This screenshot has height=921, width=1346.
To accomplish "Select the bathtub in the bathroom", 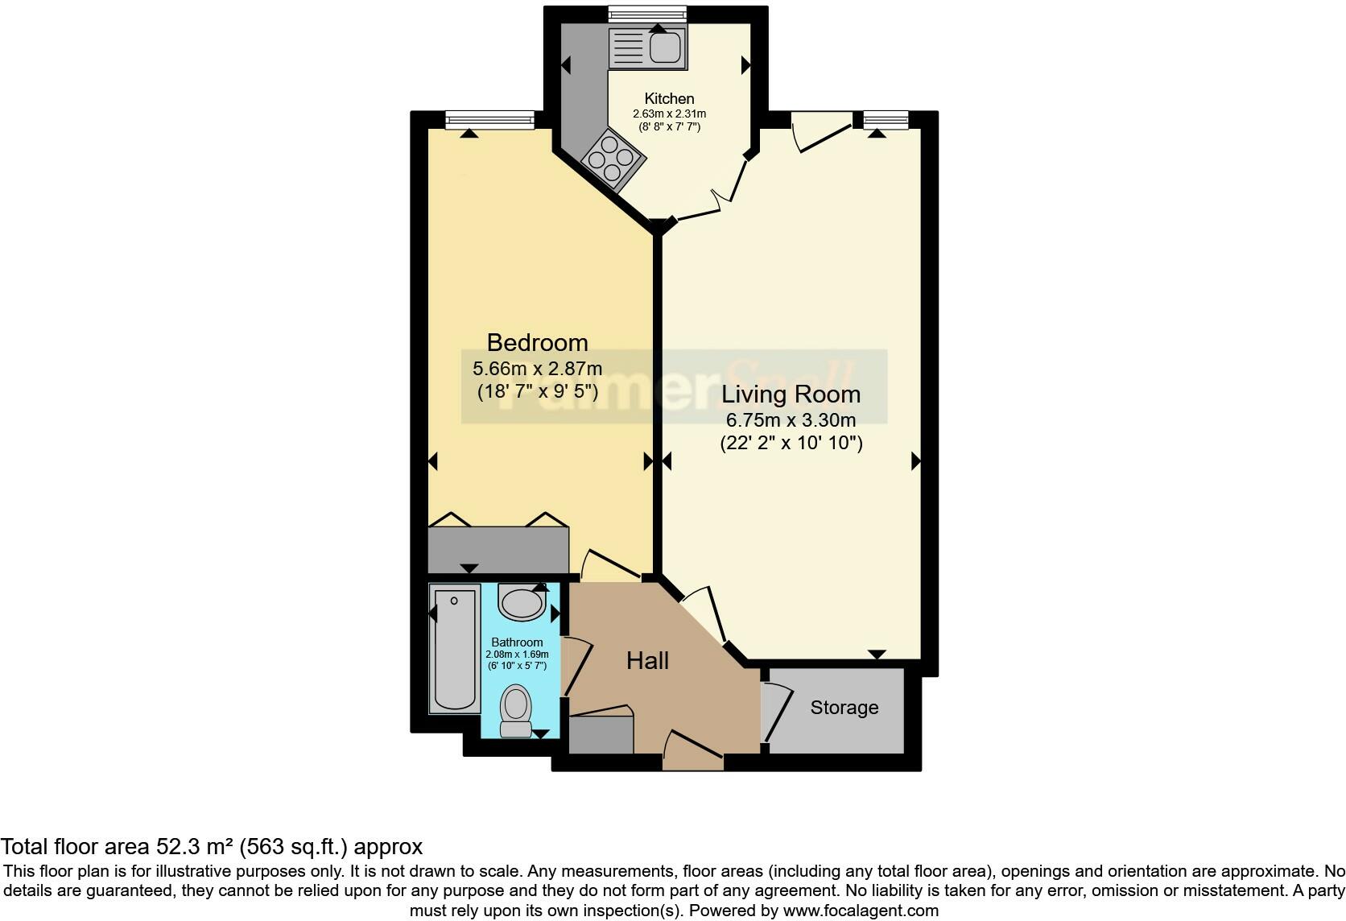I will [454, 649].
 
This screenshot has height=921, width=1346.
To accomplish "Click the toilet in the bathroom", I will [516, 710].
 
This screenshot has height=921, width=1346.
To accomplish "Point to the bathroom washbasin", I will [522, 601].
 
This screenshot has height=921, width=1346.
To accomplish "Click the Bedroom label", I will [537, 342].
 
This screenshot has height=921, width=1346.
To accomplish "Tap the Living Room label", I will [791, 394].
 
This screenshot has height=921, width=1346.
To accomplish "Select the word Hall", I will [647, 661].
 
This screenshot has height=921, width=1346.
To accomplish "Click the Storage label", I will [844, 708].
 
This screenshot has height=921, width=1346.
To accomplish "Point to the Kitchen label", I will [669, 98].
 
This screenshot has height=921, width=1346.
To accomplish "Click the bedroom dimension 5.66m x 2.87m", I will [537, 369].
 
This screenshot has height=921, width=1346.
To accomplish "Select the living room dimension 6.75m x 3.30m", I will [791, 419].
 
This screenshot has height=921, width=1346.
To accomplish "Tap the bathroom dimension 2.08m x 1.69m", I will [517, 655].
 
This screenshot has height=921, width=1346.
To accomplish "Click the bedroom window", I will [489, 120].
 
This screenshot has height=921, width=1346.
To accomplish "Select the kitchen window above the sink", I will [647, 13].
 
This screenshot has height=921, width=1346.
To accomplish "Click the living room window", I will [886, 120].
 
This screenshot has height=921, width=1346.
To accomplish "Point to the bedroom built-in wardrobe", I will [498, 550].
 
